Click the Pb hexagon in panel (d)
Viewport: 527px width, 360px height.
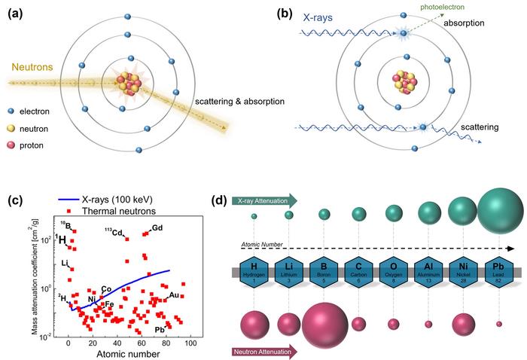(499, 272)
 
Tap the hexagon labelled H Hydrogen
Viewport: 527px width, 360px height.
(254, 272)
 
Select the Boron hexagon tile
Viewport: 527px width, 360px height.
(324, 272)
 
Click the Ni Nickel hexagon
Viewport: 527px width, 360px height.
(464, 272)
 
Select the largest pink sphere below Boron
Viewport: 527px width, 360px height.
(324, 325)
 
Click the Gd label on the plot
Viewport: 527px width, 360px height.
(157, 227)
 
